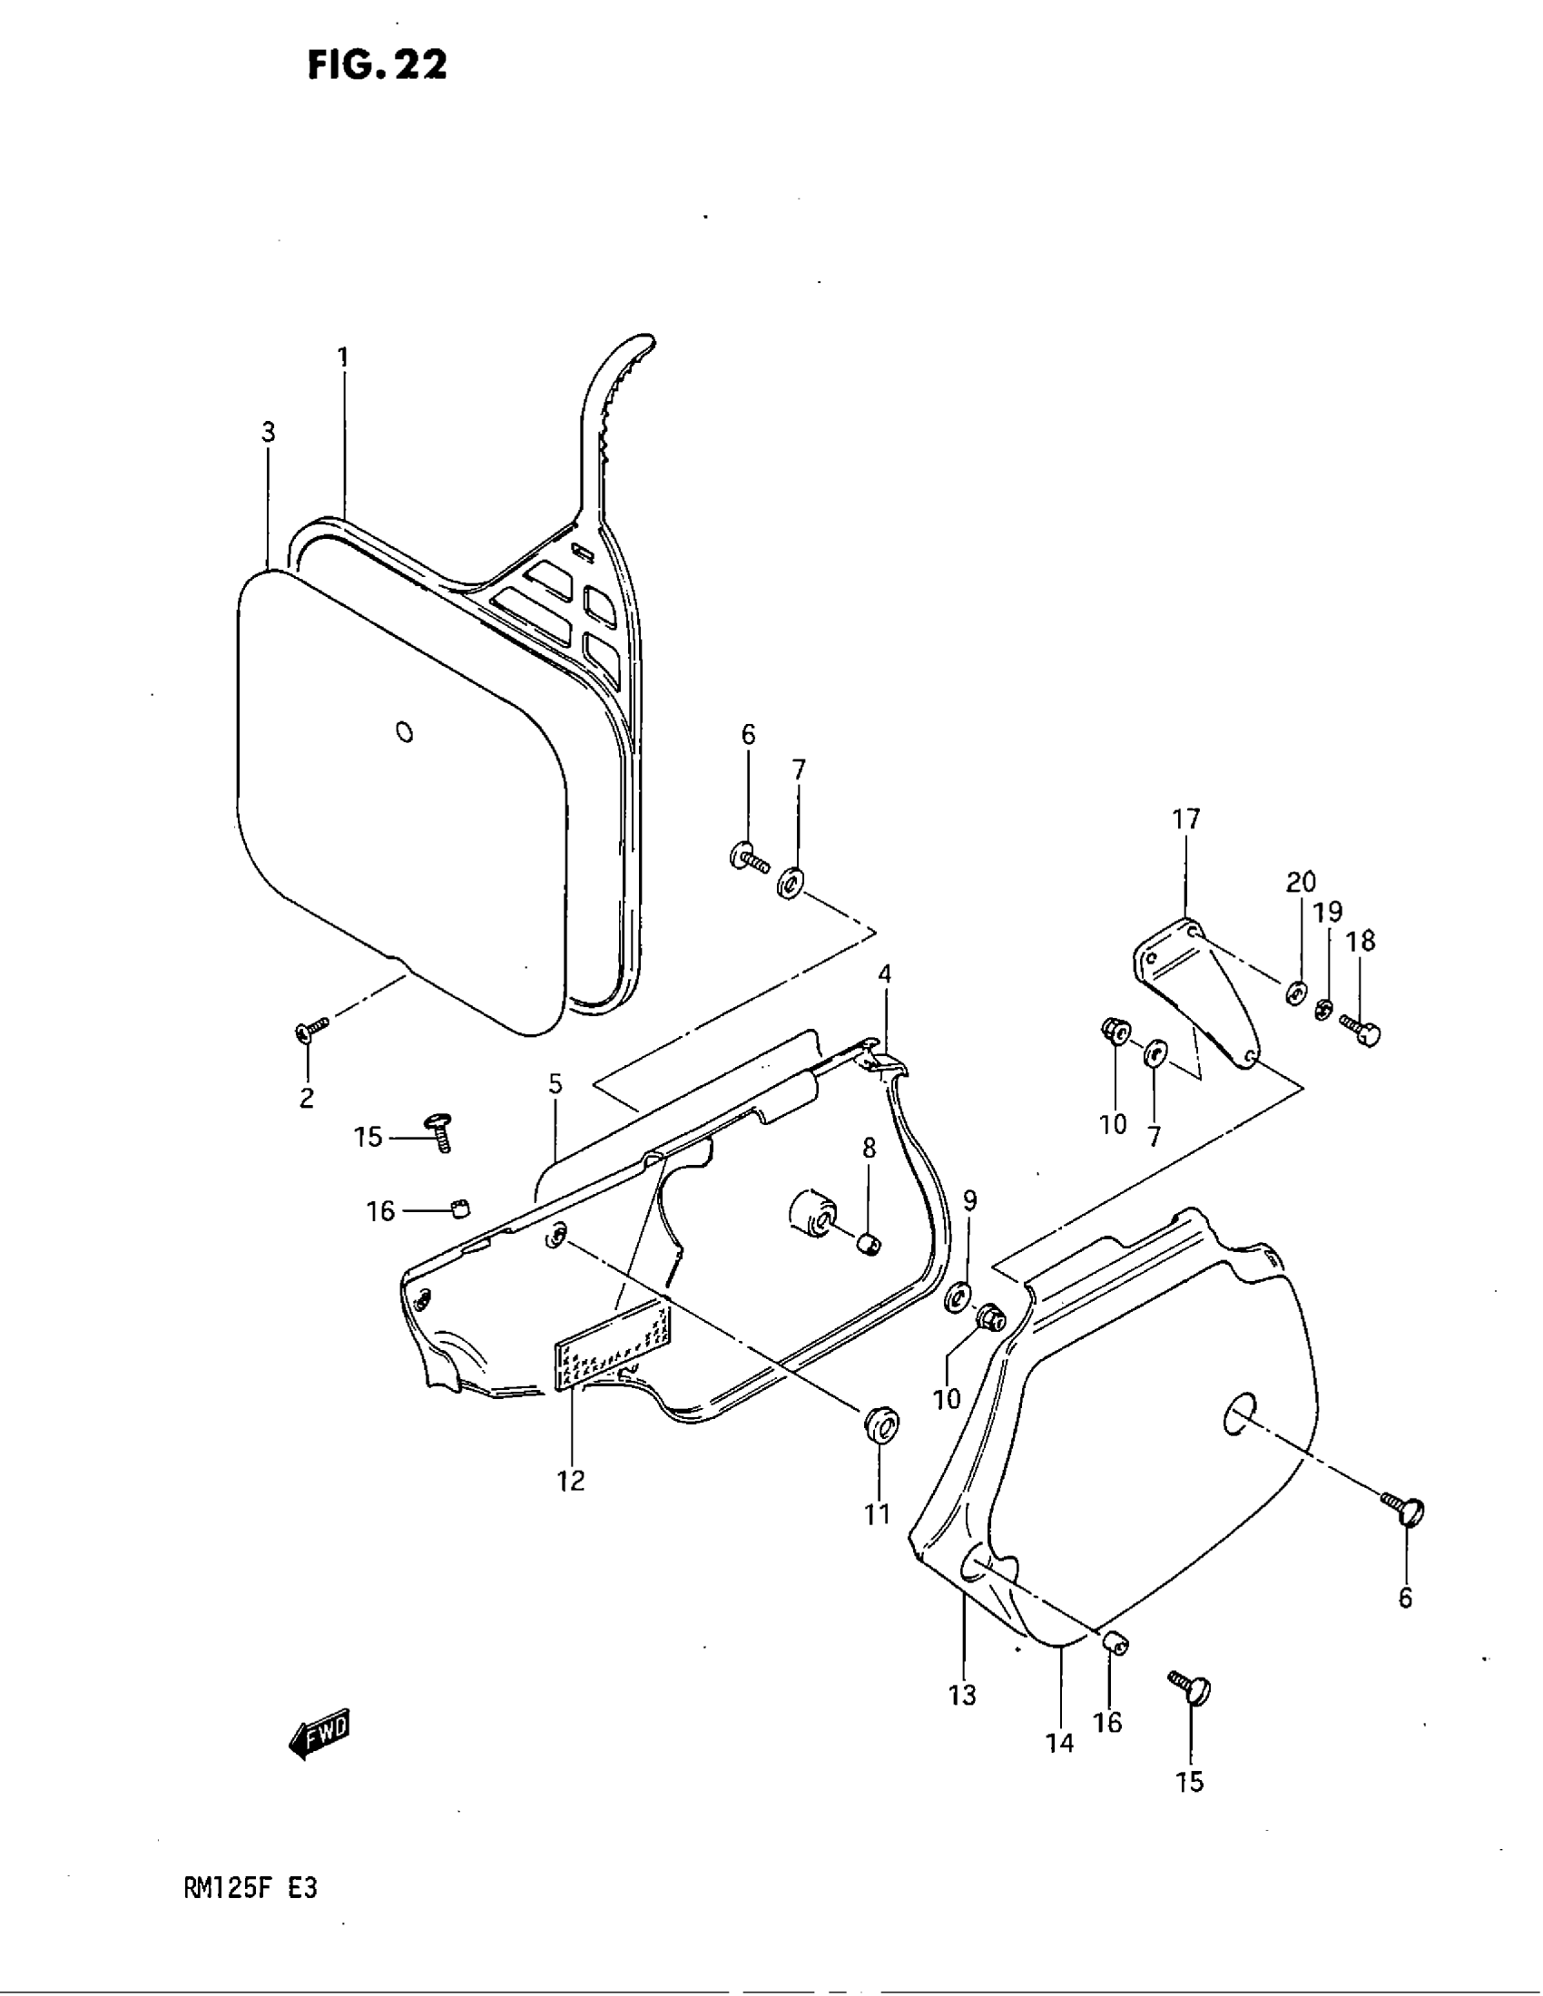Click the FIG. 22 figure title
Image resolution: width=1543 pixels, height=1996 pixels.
coord(377,65)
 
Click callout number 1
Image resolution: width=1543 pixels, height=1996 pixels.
coord(344,357)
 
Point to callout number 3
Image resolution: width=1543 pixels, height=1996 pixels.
coord(268,432)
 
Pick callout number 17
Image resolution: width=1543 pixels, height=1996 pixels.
coord(1185,820)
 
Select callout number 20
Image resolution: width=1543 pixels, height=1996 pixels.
coord(1301,882)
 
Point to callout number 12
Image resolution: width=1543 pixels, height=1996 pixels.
coord(571,1480)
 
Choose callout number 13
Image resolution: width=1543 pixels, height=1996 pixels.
coord(962,1695)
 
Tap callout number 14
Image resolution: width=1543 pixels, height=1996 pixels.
coord(1060,1743)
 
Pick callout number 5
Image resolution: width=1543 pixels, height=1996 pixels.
coord(555,1085)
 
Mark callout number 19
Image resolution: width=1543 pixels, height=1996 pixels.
coord(1328,912)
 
